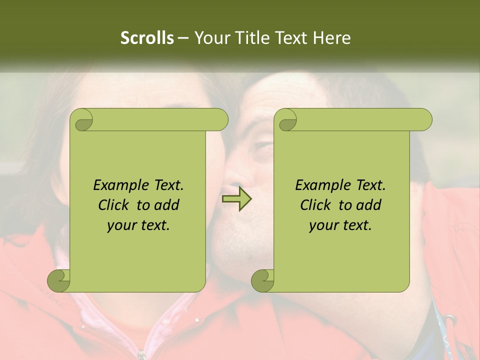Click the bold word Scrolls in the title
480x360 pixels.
pos(147,38)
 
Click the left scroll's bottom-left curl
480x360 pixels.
pos(58,281)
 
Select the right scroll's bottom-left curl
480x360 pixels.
pos(262,281)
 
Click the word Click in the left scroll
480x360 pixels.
pos(114,205)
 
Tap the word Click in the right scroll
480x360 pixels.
pos(316,205)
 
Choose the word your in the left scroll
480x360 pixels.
pos(121,225)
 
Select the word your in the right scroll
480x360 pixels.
pos(323,225)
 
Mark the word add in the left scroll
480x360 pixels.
pos(167,205)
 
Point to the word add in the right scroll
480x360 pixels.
pos(369,205)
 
